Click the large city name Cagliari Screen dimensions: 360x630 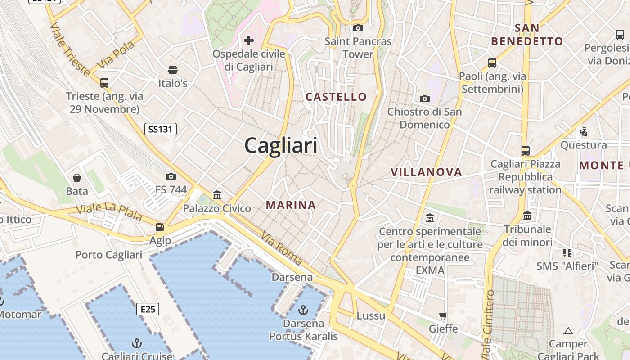(281, 145)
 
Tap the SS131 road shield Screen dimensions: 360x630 (161, 130)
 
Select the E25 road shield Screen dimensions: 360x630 (148, 309)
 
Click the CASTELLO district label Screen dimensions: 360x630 (336, 97)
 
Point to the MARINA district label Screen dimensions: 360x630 (291, 205)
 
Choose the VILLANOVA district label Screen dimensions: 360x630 (426, 172)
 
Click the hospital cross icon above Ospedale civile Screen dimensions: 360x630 (249, 41)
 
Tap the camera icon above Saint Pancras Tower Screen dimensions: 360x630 (358, 28)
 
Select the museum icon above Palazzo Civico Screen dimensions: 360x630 (217, 195)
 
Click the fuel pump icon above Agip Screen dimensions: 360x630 (160, 227)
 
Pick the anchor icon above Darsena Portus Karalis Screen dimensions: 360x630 (303, 310)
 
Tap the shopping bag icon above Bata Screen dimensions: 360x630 (77, 178)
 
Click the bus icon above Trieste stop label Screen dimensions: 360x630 (104, 83)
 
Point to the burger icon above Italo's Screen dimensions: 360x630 (173, 70)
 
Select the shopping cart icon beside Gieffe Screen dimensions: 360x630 (443, 316)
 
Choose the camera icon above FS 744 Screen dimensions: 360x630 (171, 176)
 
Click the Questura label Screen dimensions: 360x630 (583, 145)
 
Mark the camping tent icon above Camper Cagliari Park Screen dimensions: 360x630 (568, 331)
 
